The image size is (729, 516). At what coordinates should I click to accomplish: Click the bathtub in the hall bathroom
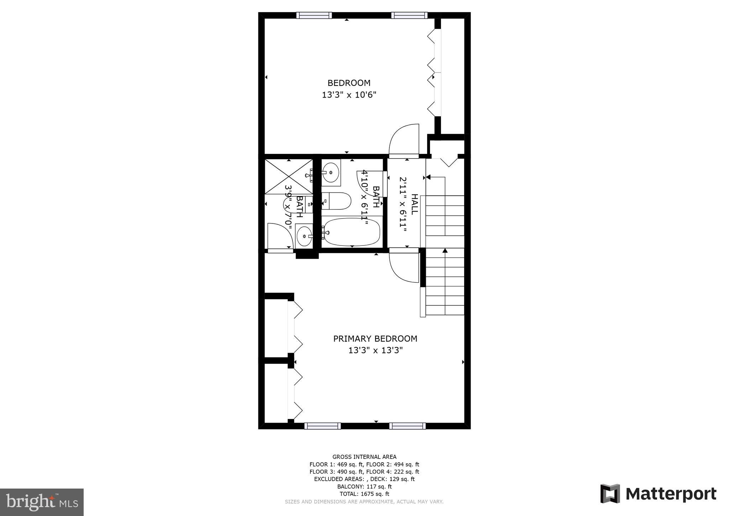tap(352, 232)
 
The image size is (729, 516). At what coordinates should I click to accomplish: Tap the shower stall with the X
tap(288, 177)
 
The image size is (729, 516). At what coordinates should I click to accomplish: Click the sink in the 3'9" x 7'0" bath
tap(304, 236)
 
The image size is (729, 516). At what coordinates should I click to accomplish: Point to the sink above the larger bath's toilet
tap(331, 173)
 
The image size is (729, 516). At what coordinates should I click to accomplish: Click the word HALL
tap(414, 204)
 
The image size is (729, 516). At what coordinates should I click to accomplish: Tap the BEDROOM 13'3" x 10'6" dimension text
tap(349, 95)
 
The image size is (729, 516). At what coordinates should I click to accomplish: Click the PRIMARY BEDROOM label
tap(375, 339)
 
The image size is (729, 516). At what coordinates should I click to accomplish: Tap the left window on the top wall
tap(314, 15)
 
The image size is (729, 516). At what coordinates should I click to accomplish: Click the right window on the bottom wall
tap(407, 426)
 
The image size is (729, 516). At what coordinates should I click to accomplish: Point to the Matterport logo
tap(659, 494)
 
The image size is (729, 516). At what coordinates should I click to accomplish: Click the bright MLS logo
tap(42, 502)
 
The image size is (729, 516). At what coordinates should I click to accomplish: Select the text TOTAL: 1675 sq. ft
tap(364, 494)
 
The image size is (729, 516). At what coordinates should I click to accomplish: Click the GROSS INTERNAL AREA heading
tap(364, 457)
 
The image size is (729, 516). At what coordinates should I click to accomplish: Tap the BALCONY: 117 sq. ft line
tap(364, 486)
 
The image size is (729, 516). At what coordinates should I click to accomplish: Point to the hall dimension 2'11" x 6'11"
tap(403, 205)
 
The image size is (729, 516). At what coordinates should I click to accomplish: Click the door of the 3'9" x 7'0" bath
tap(280, 237)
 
